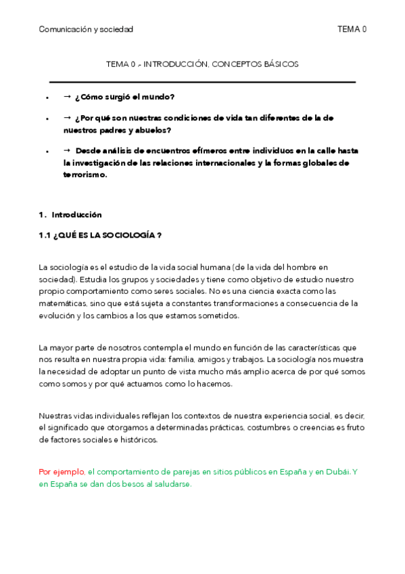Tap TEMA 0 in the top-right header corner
pyautogui.click(x=352, y=29)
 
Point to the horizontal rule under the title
pyautogui.click(x=202, y=82)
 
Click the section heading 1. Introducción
pyautogui.click(x=70, y=215)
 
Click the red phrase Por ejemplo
pyautogui.click(x=62, y=472)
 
